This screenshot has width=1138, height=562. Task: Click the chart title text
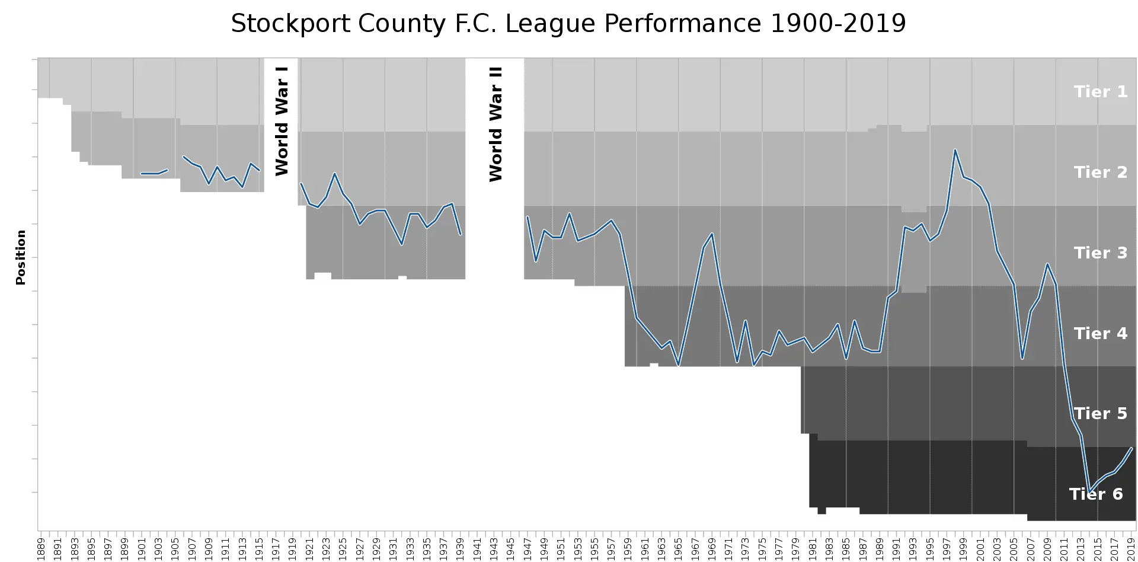[568, 24]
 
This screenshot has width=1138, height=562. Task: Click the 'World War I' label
[282, 120]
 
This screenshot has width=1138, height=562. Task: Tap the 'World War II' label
[496, 124]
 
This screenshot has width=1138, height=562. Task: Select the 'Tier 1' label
[1100, 92]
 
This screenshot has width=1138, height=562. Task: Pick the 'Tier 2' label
[1100, 173]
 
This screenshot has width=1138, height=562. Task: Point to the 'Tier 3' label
[1100, 253]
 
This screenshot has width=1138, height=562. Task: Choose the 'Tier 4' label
[1100, 334]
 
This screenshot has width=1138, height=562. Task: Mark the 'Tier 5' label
[1100, 414]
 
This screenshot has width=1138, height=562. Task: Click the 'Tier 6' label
[1095, 494]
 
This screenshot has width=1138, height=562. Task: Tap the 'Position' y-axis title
[21, 257]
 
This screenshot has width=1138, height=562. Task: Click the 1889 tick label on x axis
[41, 548]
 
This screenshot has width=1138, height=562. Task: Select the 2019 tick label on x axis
[1131, 548]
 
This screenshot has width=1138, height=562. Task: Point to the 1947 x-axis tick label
[528, 548]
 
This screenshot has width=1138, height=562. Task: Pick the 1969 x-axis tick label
[712, 548]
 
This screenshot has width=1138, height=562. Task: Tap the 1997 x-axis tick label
[947, 548]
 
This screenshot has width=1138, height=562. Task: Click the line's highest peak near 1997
[955, 149]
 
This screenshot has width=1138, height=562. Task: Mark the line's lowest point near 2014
[1089, 491]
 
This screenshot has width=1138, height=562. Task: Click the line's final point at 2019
[1131, 448]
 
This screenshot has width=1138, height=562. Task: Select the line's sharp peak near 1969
[712, 234]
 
